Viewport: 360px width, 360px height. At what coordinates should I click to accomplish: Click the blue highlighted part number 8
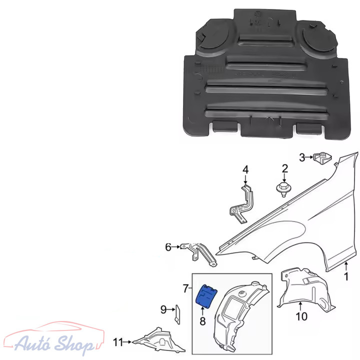pyautogui.click(x=206, y=296)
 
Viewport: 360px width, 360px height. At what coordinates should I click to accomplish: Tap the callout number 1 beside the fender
pyautogui.click(x=346, y=276)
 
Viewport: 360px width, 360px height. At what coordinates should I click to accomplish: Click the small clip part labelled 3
pyautogui.click(x=323, y=158)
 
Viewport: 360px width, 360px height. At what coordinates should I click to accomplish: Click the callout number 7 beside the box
pyautogui.click(x=186, y=288)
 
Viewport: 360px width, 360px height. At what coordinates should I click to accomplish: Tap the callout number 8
pyautogui.click(x=202, y=321)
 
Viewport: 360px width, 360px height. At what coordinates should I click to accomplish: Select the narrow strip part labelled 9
pyautogui.click(x=177, y=314)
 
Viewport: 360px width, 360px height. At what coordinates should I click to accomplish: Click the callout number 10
pyautogui.click(x=301, y=316)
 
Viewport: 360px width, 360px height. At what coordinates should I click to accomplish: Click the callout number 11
pyautogui.click(x=118, y=342)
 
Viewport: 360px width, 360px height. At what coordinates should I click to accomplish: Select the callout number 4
pyautogui.click(x=245, y=170)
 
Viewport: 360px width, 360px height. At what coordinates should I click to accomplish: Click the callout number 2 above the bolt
pyautogui.click(x=284, y=169)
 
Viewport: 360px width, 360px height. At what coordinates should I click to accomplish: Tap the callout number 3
pyautogui.click(x=302, y=157)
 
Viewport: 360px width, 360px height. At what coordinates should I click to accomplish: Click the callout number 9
pyautogui.click(x=163, y=309)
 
